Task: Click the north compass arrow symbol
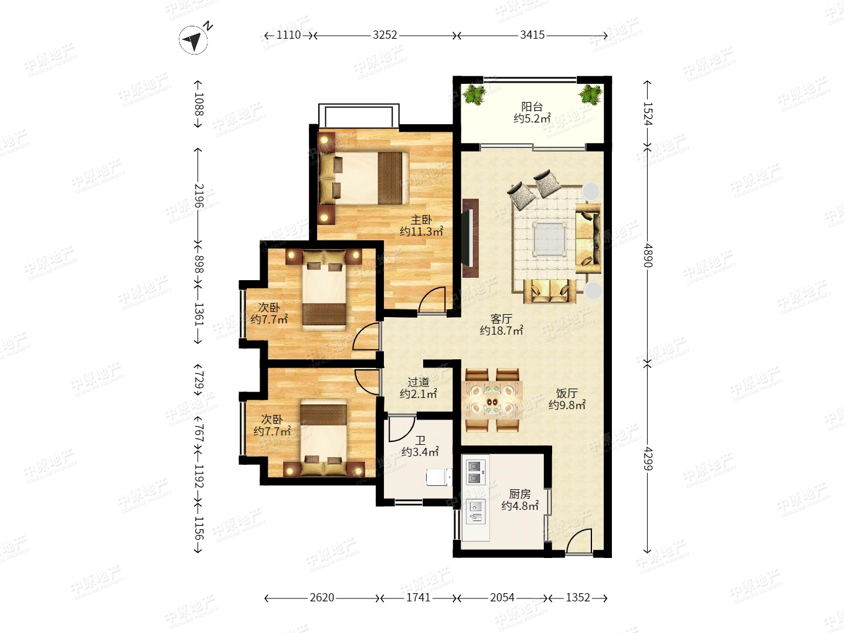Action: (193, 40)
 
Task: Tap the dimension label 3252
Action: (384, 35)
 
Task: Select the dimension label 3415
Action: (532, 35)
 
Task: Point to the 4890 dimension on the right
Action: (648, 255)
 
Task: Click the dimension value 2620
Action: (322, 597)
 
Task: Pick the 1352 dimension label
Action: (578, 597)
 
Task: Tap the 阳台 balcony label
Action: (532, 107)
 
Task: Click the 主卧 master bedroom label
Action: (421, 220)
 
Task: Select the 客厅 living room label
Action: (501, 319)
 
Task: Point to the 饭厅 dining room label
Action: (567, 393)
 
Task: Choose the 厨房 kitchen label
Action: (520, 494)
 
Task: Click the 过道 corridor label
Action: (418, 382)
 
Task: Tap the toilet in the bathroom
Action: (439, 477)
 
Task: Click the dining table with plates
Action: (492, 400)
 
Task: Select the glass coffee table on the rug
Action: (550, 239)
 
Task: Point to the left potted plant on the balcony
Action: (475, 94)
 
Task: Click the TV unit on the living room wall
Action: (470, 238)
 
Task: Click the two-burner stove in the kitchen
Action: (474, 472)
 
